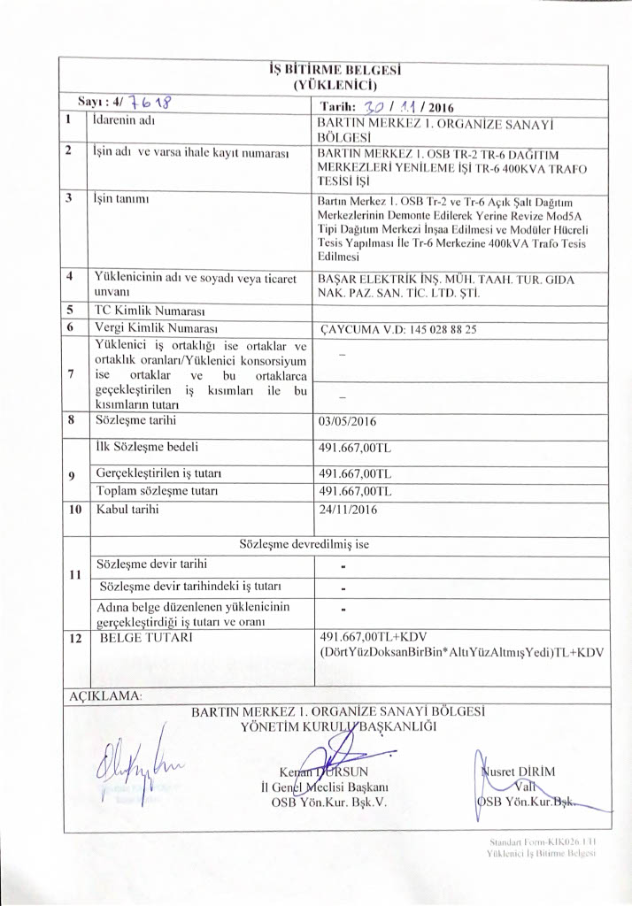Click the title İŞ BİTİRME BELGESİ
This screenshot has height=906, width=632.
click(x=335, y=72)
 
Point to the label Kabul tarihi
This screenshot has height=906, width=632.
click(x=130, y=510)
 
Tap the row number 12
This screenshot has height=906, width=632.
click(x=76, y=637)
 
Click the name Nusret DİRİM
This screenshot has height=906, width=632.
click(x=518, y=770)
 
